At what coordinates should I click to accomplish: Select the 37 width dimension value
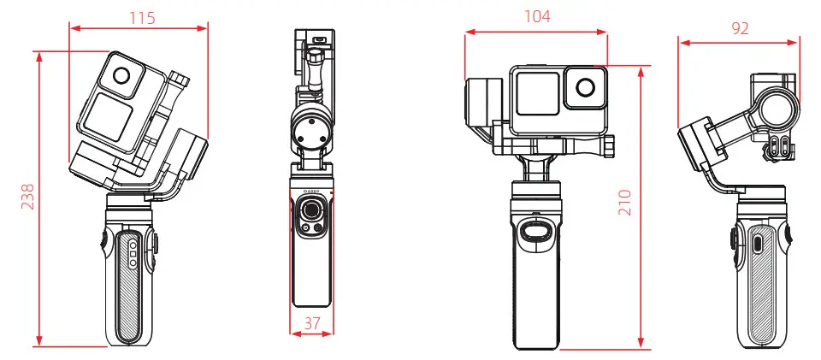tap(312, 323)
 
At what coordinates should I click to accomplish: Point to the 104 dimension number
tap(537, 16)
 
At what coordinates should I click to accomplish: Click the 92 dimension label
tap(740, 27)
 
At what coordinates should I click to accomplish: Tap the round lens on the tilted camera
tap(123, 76)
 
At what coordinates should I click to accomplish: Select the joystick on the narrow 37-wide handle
tap(312, 210)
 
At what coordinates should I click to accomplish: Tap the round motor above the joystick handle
tap(312, 128)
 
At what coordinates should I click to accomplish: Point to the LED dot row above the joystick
tap(312, 191)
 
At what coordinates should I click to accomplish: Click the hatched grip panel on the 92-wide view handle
tap(764, 291)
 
